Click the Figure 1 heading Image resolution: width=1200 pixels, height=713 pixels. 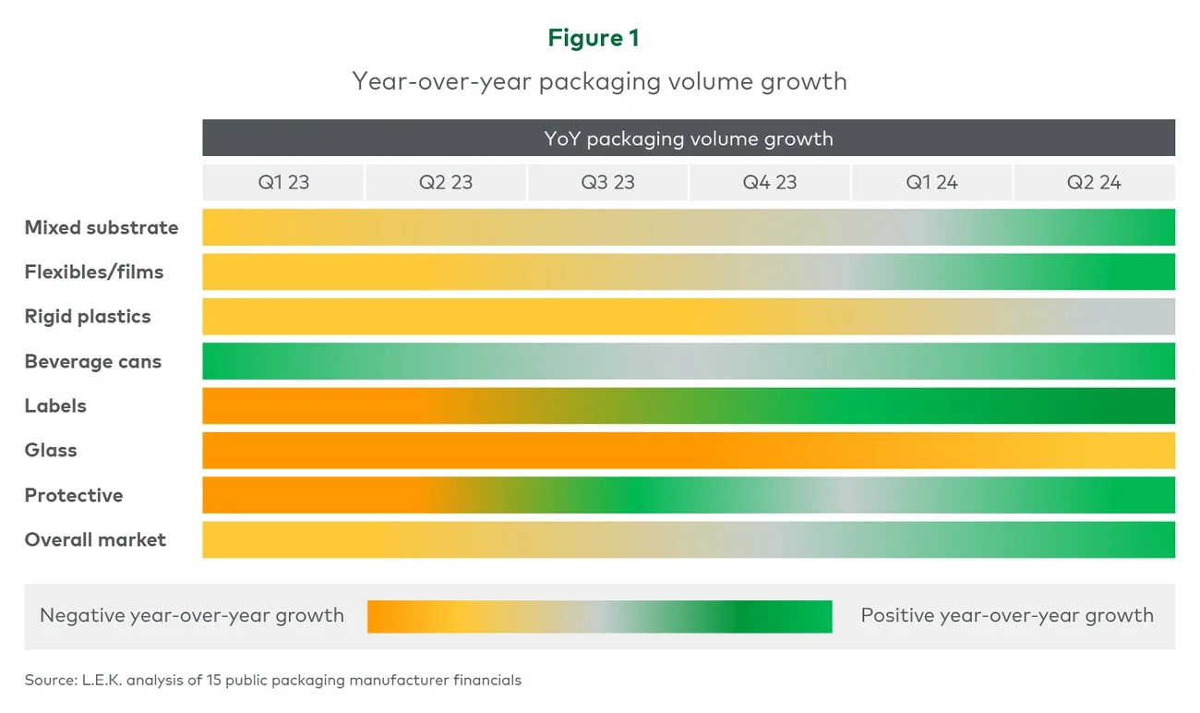(593, 38)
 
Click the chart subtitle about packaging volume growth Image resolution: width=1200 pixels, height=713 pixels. (599, 81)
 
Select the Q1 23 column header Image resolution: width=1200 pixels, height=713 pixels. (283, 183)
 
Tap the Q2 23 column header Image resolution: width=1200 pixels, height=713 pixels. (446, 183)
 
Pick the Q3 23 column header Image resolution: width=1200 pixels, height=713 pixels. (607, 183)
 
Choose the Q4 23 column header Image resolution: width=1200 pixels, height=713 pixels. (770, 183)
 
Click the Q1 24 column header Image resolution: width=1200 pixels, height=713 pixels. (931, 183)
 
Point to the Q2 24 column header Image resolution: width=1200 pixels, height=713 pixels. (1094, 183)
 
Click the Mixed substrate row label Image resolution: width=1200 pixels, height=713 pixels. (102, 228)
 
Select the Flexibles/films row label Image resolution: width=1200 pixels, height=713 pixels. (94, 272)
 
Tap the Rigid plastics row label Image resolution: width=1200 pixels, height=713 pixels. (88, 317)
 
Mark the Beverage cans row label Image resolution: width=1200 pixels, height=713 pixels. (93, 362)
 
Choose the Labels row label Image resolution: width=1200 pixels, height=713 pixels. (55, 406)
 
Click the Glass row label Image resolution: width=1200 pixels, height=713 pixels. (51, 451)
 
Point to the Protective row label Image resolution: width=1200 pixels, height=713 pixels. (74, 496)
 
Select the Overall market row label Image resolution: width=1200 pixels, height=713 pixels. (95, 540)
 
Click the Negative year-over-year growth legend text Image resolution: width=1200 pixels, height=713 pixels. (192, 616)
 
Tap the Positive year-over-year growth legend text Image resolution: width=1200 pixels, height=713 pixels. (1007, 616)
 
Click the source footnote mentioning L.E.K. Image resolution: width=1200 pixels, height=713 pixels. (273, 681)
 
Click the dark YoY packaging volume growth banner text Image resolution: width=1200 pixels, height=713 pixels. (689, 139)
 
